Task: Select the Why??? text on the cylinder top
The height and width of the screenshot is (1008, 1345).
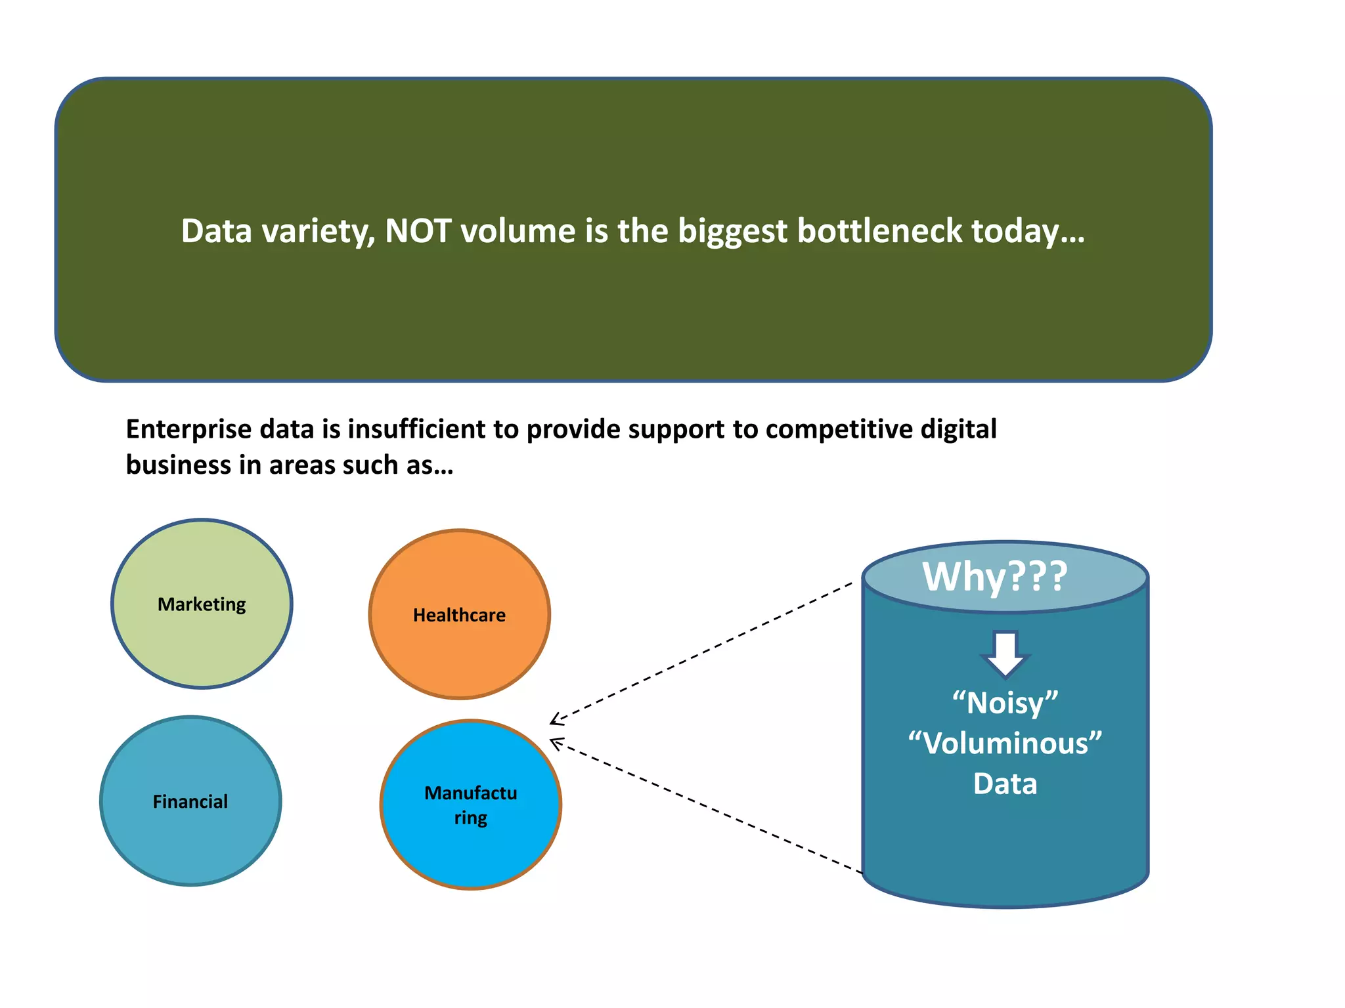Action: coord(994,576)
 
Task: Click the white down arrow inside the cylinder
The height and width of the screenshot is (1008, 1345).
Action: coord(1005,654)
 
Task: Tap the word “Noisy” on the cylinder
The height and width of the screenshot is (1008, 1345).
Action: coord(1005,703)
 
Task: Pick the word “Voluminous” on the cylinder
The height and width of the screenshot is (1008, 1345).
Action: coord(1005,744)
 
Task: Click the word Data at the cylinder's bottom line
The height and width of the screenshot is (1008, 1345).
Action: coord(1005,784)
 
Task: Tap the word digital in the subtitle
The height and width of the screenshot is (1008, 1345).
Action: coord(958,429)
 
